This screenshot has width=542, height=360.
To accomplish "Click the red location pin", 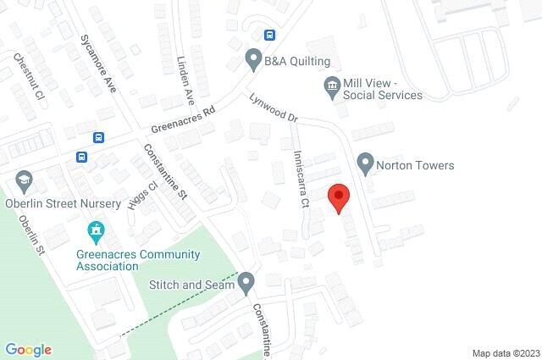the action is pos(339,197).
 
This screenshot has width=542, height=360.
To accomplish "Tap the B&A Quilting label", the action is pos(296,61).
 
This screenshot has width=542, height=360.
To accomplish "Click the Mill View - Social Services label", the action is pos(382,89).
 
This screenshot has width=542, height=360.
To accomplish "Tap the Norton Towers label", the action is pos(415,165).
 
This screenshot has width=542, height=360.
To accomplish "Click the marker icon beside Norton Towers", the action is pos(366,162).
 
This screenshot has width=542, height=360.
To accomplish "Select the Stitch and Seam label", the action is pos(191,285).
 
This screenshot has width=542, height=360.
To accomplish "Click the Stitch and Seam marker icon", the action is pos(246,281).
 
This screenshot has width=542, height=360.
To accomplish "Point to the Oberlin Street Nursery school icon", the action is pos(24,180).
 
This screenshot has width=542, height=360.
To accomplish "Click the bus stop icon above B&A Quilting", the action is pos(269,35).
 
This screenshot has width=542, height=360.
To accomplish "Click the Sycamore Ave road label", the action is pos(97,64).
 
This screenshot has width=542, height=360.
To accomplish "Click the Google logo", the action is pos(28,349).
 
